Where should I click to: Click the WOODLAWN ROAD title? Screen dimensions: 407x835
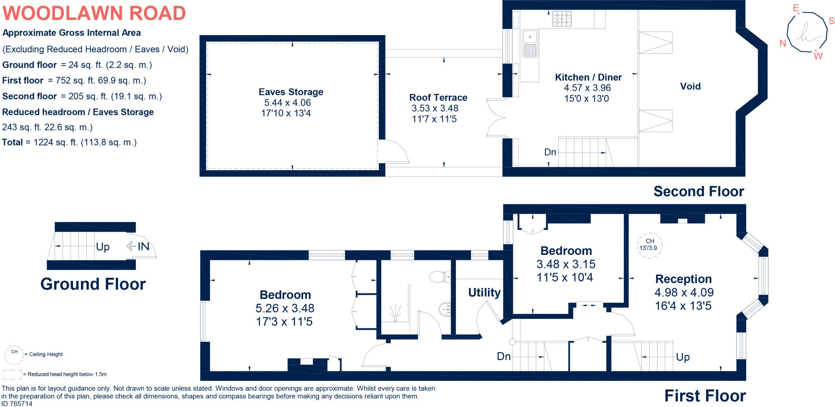pos(94,13)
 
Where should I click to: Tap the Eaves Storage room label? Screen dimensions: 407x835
pos(291,92)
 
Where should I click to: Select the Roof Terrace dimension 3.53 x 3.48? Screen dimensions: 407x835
pos(435,108)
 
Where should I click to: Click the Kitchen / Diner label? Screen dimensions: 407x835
pos(588,77)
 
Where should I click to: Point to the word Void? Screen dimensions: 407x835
pos(690,86)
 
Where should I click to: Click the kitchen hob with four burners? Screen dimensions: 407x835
pos(562,19)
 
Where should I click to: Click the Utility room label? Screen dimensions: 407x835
pos(484,292)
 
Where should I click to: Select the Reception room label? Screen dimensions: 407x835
pos(683,279)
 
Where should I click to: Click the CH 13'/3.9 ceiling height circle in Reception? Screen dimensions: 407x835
pos(649,245)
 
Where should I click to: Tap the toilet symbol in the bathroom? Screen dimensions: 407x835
pos(440,277)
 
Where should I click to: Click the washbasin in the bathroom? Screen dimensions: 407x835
pos(445,310)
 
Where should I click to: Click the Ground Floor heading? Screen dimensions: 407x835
pos(93,284)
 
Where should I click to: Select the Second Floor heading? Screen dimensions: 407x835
pos(698,191)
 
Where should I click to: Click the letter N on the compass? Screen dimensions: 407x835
pos(782,43)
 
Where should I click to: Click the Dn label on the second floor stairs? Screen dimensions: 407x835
pos(550,152)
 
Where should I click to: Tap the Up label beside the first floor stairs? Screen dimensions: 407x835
pos(683,357)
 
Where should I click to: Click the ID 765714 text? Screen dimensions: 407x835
pos(17,403)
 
